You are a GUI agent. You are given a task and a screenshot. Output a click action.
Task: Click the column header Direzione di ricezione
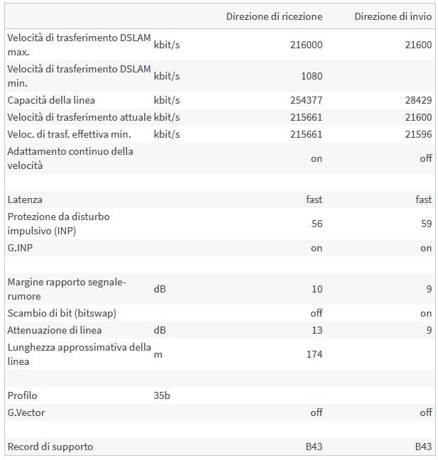click(x=274, y=16)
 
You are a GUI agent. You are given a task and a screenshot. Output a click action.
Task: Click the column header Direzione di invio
click(x=393, y=16)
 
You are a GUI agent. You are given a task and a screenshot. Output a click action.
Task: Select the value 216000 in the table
click(x=307, y=45)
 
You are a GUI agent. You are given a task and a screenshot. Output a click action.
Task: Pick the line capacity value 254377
click(x=307, y=100)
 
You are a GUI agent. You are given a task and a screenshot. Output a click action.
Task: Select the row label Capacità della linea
click(x=51, y=100)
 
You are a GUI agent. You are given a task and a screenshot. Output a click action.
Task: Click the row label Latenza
click(x=25, y=200)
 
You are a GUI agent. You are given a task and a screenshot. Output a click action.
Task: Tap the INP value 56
click(x=317, y=224)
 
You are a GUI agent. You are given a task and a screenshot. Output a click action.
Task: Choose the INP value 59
click(x=426, y=224)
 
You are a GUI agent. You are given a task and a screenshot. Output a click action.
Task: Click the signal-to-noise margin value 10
click(x=317, y=289)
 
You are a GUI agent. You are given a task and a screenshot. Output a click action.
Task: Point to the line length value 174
click(x=314, y=354)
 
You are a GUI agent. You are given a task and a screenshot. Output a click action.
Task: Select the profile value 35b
click(x=162, y=395)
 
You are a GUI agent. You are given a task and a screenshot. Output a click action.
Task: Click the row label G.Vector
click(x=26, y=412)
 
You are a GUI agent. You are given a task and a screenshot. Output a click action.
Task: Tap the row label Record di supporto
click(x=50, y=447)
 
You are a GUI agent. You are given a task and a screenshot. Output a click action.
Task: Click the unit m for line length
click(x=158, y=354)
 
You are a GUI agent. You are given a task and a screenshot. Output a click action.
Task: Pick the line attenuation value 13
click(x=317, y=330)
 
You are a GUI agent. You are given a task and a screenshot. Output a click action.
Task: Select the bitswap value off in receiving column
click(x=316, y=313)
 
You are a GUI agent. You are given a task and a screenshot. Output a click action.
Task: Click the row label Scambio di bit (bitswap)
click(x=62, y=313)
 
